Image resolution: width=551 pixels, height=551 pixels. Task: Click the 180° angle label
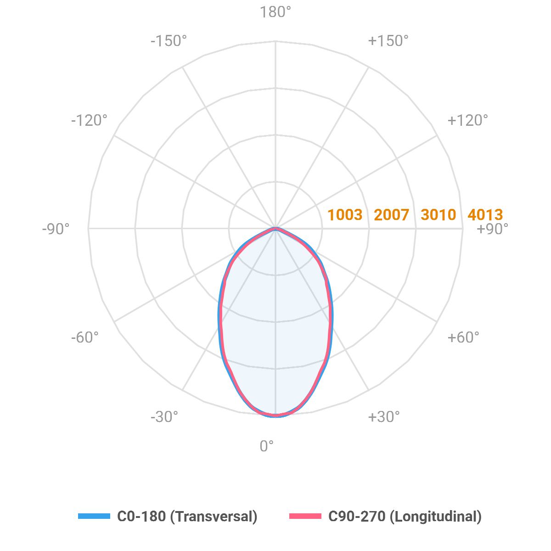point(275,12)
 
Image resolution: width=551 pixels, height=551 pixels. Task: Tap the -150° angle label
point(169,41)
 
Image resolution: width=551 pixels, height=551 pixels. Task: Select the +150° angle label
point(388,41)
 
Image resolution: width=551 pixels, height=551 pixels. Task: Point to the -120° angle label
point(89,120)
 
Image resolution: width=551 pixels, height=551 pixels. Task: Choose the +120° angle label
point(467,120)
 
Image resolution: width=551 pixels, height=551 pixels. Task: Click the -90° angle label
point(56,229)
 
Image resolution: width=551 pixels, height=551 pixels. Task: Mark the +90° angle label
point(493,229)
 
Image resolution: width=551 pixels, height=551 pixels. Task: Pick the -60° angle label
point(85,337)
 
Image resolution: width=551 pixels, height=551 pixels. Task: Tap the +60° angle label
point(463,337)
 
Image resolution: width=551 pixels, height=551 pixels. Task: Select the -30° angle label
point(164,417)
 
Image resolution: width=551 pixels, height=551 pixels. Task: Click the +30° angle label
point(384,417)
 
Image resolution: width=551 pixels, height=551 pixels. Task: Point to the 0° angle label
point(267,446)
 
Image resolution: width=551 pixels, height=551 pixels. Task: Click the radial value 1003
point(345,214)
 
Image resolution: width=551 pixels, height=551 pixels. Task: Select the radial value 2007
point(391,214)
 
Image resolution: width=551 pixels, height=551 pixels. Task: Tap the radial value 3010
point(439,214)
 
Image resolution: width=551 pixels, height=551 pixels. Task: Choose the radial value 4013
point(485,214)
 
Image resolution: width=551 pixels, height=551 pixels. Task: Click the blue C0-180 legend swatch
point(94,516)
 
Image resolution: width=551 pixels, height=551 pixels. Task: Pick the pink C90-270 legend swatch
point(305,516)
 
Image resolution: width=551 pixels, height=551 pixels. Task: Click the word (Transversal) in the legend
point(214,517)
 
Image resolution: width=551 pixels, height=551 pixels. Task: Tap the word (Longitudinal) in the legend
point(435,517)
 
